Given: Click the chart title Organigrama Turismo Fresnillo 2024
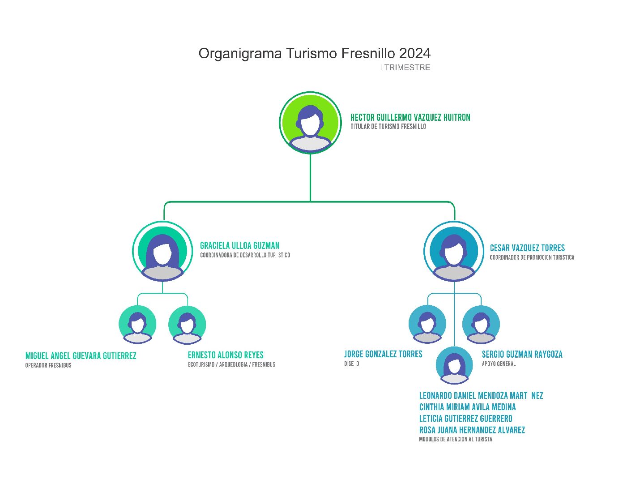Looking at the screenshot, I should pyautogui.click(x=314, y=53).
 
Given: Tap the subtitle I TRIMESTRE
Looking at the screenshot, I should pyautogui.click(x=405, y=68).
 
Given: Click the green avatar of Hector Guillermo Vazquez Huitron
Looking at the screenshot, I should pyautogui.click(x=310, y=123).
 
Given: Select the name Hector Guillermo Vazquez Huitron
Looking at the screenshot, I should pyautogui.click(x=410, y=118).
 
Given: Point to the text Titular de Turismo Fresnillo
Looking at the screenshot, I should pyautogui.click(x=388, y=127).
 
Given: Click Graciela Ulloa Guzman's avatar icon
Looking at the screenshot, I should pyautogui.click(x=162, y=251).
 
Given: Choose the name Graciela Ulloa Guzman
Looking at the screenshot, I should pyautogui.click(x=239, y=246).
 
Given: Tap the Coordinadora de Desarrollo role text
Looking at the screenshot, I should pyautogui.click(x=245, y=255).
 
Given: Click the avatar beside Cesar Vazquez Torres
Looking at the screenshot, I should pyautogui.click(x=454, y=251).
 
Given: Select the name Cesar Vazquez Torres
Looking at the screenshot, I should pyautogui.click(x=527, y=248).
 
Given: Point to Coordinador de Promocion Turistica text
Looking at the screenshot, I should pyautogui.click(x=532, y=257).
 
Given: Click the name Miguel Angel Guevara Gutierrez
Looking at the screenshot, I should pyautogui.click(x=81, y=356).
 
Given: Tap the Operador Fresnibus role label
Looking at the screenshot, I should pyautogui.click(x=48, y=365).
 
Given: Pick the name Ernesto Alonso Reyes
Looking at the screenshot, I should pyautogui.click(x=226, y=355).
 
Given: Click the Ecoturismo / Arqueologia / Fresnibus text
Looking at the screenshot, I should pyautogui.click(x=231, y=364).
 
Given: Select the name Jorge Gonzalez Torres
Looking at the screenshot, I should pyautogui.click(x=383, y=354).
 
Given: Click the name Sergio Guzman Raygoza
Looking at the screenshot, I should pyautogui.click(x=522, y=354).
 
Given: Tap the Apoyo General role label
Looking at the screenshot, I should pyautogui.click(x=499, y=364).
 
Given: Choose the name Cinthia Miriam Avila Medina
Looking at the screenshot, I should pyautogui.click(x=467, y=407).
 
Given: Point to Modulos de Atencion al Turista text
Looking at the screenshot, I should pyautogui.click(x=456, y=439).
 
